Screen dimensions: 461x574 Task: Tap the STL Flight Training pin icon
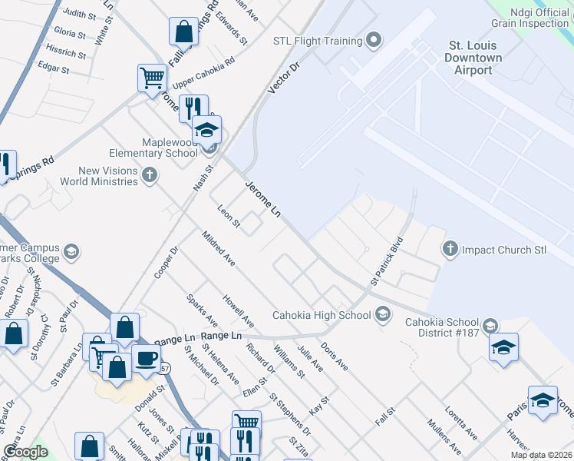click(x=374, y=40)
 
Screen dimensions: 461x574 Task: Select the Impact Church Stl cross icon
click(x=450, y=249)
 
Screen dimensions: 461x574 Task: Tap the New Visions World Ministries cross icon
click(x=150, y=176)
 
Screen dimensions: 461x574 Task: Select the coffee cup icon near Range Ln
click(x=146, y=358)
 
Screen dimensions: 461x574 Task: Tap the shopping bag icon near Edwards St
click(x=184, y=32)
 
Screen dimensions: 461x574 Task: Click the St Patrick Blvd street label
click(x=387, y=260)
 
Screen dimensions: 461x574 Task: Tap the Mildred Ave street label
click(x=217, y=248)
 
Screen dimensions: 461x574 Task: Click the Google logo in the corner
click(x=26, y=452)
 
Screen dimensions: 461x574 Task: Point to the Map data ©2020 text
click(x=542, y=455)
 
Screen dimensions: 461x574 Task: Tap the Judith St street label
click(x=79, y=14)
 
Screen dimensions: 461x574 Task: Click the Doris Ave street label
click(x=334, y=357)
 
